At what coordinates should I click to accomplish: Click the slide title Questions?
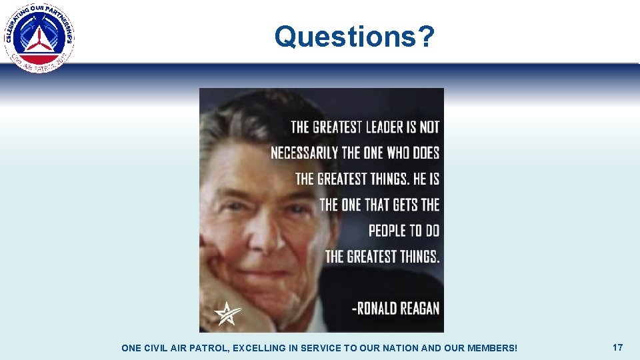(x=354, y=37)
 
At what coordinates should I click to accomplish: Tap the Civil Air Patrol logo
(x=39, y=37)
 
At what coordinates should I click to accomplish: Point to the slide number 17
(x=617, y=347)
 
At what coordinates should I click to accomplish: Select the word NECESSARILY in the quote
(x=305, y=153)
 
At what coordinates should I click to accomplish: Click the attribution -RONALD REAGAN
(x=395, y=307)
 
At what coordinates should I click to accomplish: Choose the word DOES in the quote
(x=426, y=153)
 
